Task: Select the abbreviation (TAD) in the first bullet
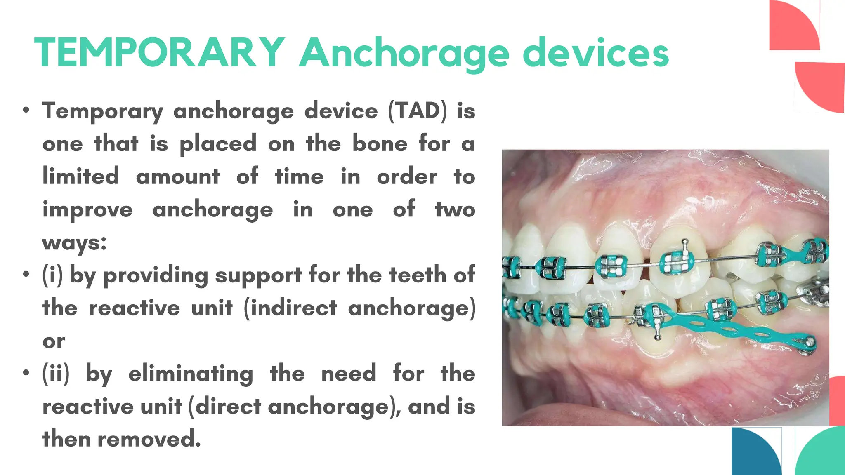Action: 417,111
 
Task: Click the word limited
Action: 81,176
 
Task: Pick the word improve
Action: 87,210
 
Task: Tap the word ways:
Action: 74,242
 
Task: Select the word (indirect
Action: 290,308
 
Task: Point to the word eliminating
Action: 191,374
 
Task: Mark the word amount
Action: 178,176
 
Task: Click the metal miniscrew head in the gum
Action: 810,342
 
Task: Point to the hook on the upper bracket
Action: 684,243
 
